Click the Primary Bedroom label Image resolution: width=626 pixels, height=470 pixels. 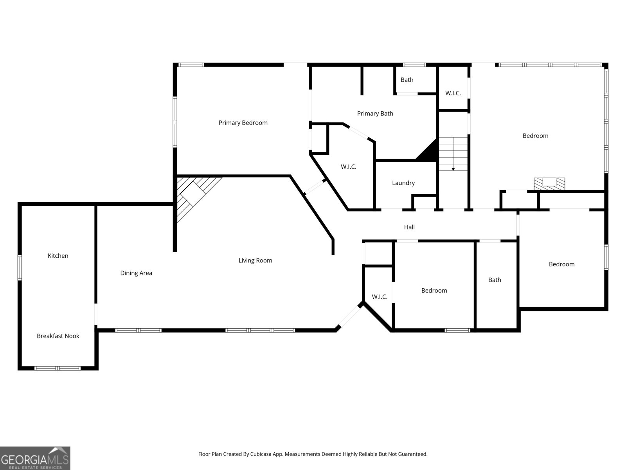click(x=243, y=123)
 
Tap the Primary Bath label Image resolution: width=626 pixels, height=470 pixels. click(x=375, y=114)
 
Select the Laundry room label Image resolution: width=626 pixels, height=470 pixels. click(x=403, y=183)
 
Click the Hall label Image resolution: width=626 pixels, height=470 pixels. click(x=409, y=227)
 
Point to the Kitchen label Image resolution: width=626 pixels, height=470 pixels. click(x=58, y=256)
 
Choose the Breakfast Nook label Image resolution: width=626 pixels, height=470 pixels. click(x=58, y=336)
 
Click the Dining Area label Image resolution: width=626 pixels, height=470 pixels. click(x=136, y=273)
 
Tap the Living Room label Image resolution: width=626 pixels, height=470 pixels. click(x=255, y=260)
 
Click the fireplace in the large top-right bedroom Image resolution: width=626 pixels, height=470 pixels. click(x=549, y=183)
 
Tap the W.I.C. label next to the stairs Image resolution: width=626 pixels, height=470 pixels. click(x=453, y=93)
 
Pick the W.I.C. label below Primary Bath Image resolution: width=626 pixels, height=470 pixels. click(x=348, y=167)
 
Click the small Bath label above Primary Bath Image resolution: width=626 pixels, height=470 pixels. click(x=407, y=80)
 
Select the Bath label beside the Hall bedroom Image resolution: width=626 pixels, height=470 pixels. click(x=495, y=280)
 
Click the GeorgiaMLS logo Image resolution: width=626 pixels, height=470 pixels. click(x=35, y=458)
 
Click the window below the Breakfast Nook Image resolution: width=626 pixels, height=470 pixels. click(x=58, y=368)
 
